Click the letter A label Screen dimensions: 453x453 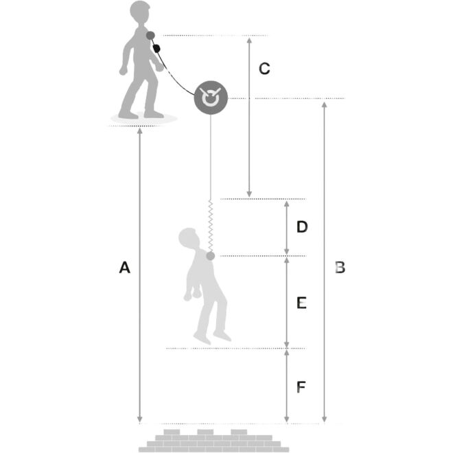[124, 267]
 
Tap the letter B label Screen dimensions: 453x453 [340, 267]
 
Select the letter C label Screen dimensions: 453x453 [264, 69]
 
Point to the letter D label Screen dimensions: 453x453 [302, 226]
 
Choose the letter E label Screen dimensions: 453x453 [301, 303]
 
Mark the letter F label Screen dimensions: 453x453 [301, 387]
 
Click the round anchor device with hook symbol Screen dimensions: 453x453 [211, 97]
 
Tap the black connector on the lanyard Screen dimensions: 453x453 [156, 48]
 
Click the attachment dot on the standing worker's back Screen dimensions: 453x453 [150, 36]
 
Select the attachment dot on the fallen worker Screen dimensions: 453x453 [210, 256]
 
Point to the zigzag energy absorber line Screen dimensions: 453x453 [211, 225]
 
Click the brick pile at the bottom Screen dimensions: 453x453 [213, 441]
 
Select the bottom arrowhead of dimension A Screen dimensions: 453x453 [140, 419]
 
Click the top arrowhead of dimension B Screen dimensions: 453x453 [325, 105]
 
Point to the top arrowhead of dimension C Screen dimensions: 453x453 [249, 40]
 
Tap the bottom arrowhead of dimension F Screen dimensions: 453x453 [287, 419]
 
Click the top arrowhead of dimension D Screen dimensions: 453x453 [287, 205]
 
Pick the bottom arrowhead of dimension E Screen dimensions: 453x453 [287, 345]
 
